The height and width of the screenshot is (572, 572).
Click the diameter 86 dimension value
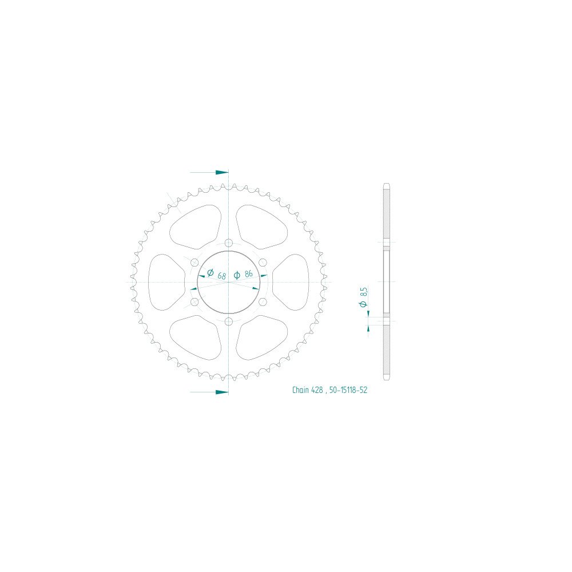click(248, 274)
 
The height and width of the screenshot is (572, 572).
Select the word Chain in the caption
click(300, 391)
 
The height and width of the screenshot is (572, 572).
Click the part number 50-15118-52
click(349, 391)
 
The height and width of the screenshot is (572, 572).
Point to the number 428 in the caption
click(318, 391)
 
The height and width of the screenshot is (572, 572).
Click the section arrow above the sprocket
click(221, 172)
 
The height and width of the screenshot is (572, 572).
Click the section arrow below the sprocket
click(221, 392)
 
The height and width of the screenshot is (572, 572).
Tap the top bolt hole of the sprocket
click(228, 243)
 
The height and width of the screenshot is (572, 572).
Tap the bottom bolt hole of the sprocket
click(228, 321)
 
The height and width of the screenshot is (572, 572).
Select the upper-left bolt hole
click(194, 263)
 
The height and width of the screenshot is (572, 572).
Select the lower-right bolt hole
click(263, 301)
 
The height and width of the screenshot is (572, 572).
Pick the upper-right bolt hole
click(263, 263)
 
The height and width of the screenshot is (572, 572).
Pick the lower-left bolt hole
click(194, 301)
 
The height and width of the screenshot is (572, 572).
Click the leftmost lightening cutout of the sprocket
click(166, 282)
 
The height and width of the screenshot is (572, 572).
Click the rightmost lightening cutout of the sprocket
click(291, 282)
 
